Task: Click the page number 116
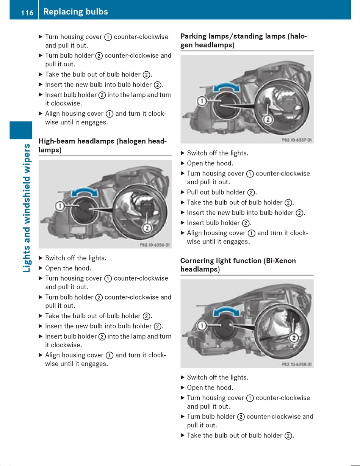[27, 13]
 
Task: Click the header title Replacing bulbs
[75, 12]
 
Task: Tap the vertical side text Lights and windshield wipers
[27, 208]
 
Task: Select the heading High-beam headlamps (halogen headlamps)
[102, 146]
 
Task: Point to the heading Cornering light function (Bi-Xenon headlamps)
[238, 265]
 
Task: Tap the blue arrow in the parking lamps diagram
[227, 88]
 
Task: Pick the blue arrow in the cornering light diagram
[227, 312]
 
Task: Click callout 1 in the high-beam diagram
[59, 206]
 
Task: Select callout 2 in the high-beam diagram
[147, 228]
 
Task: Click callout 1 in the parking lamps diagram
[202, 101]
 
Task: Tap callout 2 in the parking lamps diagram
[268, 120]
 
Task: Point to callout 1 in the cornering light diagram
[202, 325]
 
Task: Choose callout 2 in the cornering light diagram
[294, 337]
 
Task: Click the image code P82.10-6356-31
[155, 245]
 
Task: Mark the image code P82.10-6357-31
[297, 140]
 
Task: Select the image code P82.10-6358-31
[297, 364]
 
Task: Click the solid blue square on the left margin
[21, 130]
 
